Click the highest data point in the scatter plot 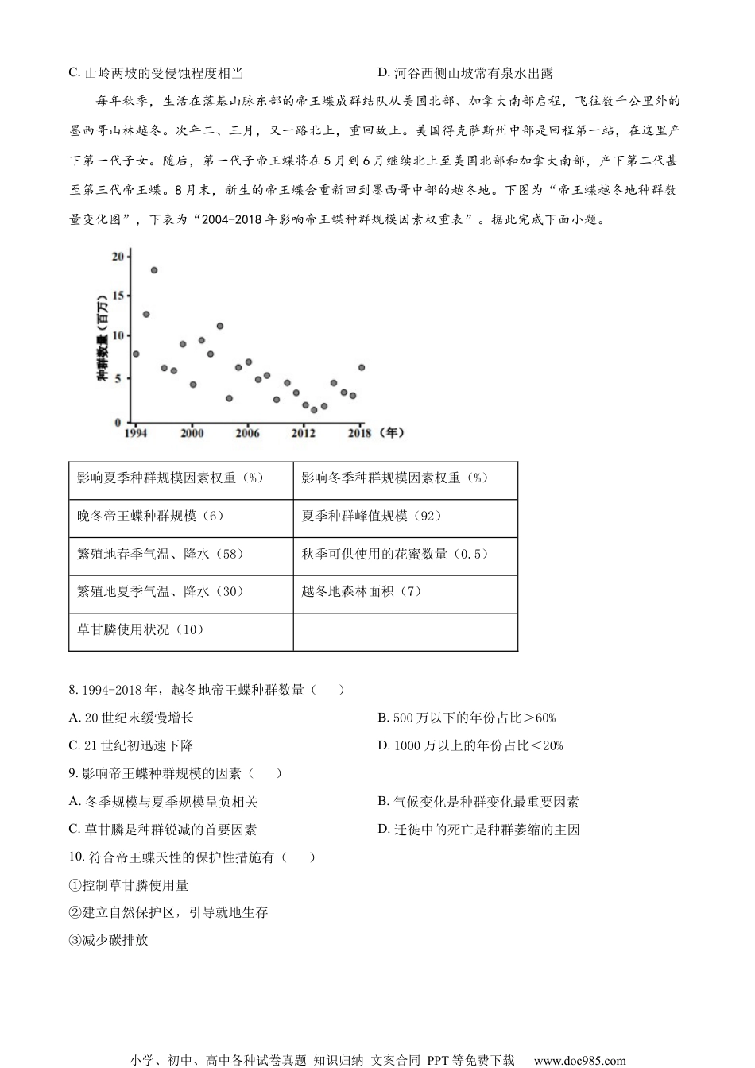[x=154, y=270]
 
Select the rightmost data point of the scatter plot [x=362, y=367]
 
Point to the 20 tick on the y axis [x=118, y=256]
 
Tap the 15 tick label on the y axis [x=118, y=296]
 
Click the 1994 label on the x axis [x=135, y=433]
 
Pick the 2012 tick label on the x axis [x=304, y=433]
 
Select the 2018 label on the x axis [x=359, y=433]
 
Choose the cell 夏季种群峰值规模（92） [x=371, y=516]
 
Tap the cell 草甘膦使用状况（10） [x=141, y=629]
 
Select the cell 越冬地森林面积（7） [x=362, y=591]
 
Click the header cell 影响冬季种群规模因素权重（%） [x=395, y=478]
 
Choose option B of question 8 [x=467, y=718]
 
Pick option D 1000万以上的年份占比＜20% [x=470, y=745]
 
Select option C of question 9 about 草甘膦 [x=163, y=830]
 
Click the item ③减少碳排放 [x=109, y=940]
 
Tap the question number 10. [x=76, y=857]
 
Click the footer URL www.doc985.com [x=579, y=1060]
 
